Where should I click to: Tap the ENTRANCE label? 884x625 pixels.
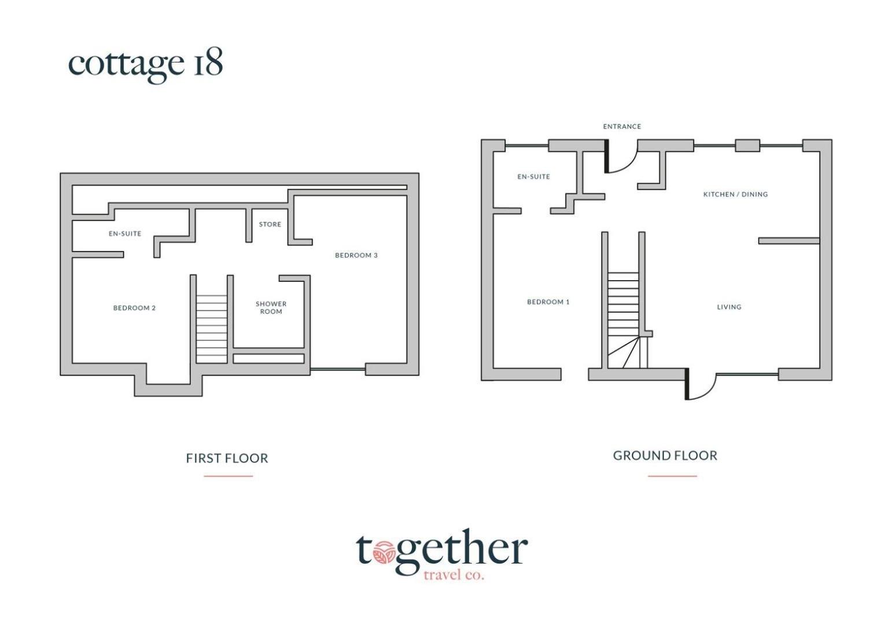tap(622, 126)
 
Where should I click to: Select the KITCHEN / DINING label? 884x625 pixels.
tap(736, 194)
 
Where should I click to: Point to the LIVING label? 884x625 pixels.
tap(729, 307)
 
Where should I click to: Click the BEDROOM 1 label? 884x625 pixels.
tap(548, 302)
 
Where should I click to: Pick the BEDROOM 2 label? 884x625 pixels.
tap(134, 308)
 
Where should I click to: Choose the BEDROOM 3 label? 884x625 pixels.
tap(356, 255)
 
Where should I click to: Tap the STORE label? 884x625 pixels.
tap(270, 225)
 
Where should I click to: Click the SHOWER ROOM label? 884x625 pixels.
tap(271, 307)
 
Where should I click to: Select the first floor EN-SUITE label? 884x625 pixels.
tap(125, 234)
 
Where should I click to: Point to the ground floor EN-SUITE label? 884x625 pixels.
tap(533, 177)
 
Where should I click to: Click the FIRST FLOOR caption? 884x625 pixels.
tap(227, 458)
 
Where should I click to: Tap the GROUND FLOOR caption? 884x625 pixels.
tap(665, 455)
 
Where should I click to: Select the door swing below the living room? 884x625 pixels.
tap(709, 394)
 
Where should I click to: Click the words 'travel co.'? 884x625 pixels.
tap(454, 575)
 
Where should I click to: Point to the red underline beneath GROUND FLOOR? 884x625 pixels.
tap(672, 476)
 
